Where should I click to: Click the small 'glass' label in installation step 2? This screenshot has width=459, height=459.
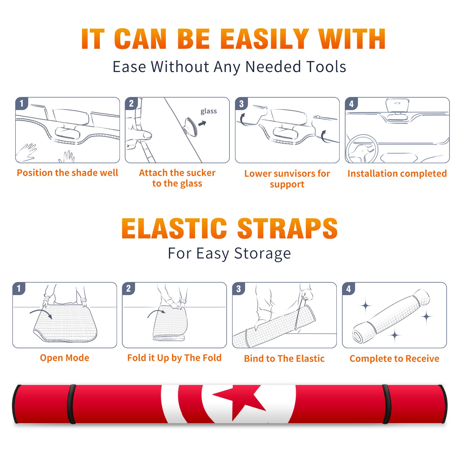click(209, 111)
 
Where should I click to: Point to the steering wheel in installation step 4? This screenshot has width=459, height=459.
click(362, 149)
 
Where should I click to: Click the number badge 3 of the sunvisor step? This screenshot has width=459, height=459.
click(241, 104)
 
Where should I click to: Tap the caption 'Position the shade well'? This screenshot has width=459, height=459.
click(67, 173)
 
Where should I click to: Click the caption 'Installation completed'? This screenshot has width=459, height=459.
click(397, 174)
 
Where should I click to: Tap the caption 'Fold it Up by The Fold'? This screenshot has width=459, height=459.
click(174, 358)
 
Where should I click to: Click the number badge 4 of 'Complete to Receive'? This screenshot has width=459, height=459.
click(349, 289)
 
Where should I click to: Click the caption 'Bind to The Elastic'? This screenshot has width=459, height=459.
click(284, 359)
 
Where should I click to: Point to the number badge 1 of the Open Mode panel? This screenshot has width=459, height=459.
click(19, 288)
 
